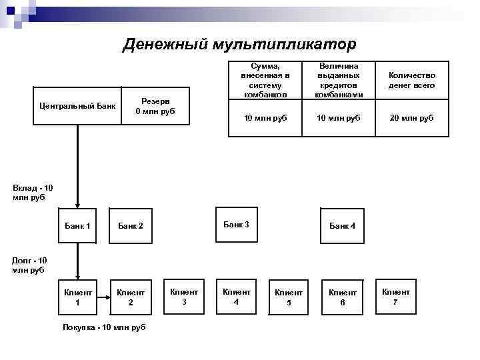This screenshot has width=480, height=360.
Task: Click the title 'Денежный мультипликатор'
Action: point(240,45)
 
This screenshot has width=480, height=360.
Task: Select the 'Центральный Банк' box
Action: point(77,105)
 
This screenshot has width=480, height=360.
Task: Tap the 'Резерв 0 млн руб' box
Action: point(155,105)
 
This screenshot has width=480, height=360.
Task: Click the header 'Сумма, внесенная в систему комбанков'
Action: point(265,81)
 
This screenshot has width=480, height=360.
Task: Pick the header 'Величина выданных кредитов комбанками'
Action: point(339,81)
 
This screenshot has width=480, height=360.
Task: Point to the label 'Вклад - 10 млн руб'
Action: point(32,193)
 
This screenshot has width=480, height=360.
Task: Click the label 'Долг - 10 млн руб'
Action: point(29,265)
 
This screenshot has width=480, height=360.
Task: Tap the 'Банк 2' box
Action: point(131,226)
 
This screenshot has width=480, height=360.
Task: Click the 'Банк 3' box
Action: point(237,225)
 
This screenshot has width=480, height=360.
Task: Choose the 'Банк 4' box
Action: point(343,226)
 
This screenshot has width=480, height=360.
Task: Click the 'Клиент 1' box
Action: point(77,297)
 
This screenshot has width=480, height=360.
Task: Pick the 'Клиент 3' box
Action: point(184,296)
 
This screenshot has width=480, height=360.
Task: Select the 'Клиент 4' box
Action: point(237,296)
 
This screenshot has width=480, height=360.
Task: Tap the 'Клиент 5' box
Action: point(289,297)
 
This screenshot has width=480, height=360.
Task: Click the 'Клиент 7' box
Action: point(396,296)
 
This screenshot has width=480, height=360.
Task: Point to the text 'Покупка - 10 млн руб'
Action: point(103,327)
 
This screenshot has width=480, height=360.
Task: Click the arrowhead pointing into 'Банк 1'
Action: point(78,205)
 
